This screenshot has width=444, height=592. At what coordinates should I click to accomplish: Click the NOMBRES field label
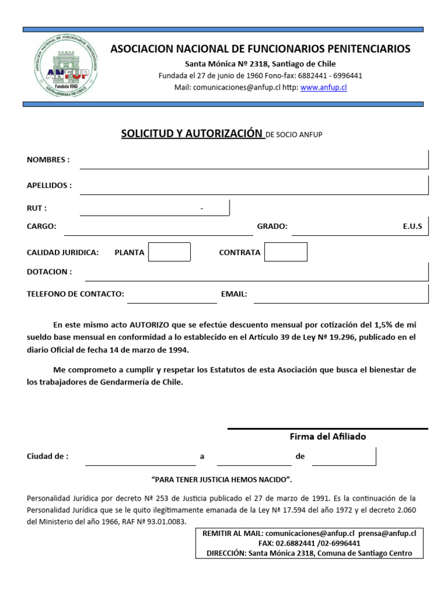point(48,160)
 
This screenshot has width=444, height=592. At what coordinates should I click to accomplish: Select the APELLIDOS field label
point(49,186)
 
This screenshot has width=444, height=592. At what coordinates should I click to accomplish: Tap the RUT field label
point(36,208)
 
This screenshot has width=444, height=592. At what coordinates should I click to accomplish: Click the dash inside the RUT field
point(202,209)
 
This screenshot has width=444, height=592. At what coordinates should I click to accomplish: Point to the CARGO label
point(42,227)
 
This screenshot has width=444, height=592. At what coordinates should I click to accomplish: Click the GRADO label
point(272,227)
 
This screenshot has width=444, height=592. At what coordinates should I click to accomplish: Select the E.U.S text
point(412,227)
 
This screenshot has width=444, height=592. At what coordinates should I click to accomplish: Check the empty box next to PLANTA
point(169,252)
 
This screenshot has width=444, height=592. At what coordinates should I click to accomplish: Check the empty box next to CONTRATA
point(286,252)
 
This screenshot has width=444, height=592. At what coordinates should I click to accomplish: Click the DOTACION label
point(49,272)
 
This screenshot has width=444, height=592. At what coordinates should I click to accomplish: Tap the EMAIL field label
point(234,294)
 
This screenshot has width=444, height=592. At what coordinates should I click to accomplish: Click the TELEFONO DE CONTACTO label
point(75,294)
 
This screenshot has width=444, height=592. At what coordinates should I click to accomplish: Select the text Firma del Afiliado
point(328,436)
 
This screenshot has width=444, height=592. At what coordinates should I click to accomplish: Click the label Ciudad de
point(47,456)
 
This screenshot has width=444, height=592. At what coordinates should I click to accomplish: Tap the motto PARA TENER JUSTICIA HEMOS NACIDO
point(221,480)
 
